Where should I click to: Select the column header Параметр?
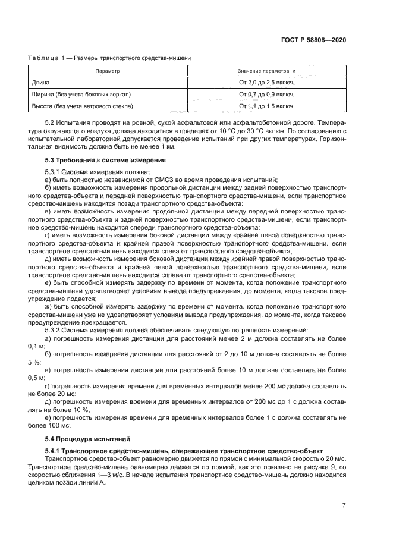pos(107,71)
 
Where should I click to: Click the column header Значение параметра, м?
pos(266,71)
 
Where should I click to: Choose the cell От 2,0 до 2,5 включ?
pos(266,82)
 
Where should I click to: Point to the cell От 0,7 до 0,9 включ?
pos(266,94)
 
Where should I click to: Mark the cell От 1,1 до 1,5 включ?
pos(266,106)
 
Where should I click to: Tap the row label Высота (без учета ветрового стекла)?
pos(81,106)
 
